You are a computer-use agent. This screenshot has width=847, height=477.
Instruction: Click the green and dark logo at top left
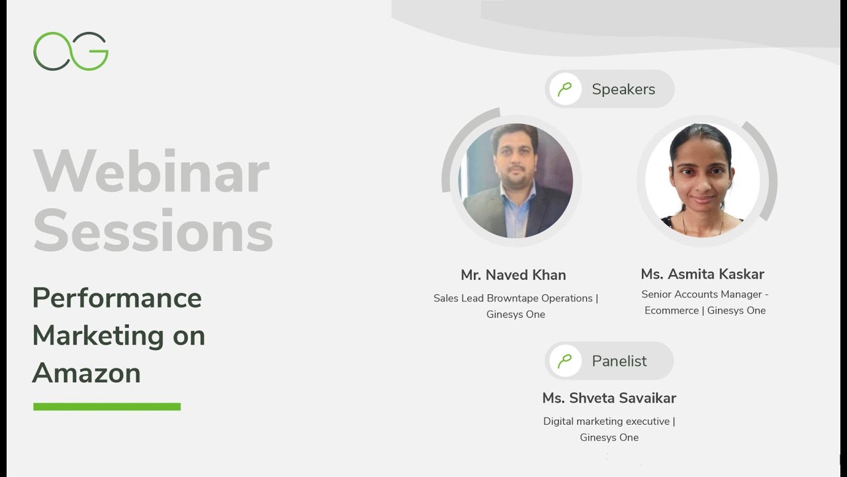[x=71, y=51]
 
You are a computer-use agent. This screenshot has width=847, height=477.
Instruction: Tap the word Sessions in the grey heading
[x=153, y=231]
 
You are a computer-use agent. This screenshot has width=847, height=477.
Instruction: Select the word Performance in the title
[x=116, y=298]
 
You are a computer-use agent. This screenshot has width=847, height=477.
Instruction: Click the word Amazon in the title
[x=86, y=373]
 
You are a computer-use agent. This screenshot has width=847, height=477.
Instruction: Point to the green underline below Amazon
[x=107, y=406]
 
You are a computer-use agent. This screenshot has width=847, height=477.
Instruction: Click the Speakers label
[x=623, y=89]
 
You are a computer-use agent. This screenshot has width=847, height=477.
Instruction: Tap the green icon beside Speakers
[x=565, y=89]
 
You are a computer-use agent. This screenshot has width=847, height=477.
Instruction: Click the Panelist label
[x=619, y=361]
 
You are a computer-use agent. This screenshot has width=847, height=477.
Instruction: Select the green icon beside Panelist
[x=565, y=361]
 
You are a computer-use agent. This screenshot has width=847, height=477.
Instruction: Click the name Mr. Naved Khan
[x=513, y=275]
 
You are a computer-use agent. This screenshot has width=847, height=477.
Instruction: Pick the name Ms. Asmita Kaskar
[x=702, y=274]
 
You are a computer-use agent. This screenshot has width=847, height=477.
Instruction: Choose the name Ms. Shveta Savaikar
[x=609, y=398]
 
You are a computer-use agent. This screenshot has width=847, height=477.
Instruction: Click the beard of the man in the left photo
[x=516, y=176]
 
